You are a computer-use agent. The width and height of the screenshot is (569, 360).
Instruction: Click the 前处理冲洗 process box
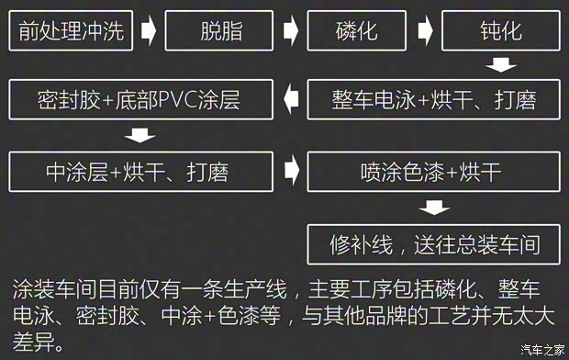coord(72,32)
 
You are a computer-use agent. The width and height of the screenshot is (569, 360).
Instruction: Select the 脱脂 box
coord(221,32)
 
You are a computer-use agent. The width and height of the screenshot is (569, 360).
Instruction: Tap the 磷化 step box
coord(356,32)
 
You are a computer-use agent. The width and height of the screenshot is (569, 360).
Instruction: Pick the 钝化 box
coord(500,32)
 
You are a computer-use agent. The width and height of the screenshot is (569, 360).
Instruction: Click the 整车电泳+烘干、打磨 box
coord(433,99)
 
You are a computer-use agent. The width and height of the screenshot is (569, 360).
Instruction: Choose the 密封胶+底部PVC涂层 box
coord(140,99)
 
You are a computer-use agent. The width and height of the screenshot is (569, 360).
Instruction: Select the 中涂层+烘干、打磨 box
coord(140,171)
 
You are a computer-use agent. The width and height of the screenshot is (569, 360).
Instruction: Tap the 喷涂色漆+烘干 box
coord(433,171)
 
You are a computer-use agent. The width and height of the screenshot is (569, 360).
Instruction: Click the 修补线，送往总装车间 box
coord(433,245)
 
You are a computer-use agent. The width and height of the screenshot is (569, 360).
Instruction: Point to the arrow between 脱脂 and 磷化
coord(291,32)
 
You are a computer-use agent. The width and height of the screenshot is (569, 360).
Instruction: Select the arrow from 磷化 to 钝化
coord(426,32)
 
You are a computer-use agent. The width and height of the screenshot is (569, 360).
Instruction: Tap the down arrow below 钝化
coord(500,65)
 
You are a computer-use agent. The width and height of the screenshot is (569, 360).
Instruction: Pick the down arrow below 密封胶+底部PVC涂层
coord(140,135)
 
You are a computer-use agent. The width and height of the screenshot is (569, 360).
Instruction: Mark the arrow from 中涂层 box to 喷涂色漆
coord(291,171)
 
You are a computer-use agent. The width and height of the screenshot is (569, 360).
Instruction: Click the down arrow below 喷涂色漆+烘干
coord(433,208)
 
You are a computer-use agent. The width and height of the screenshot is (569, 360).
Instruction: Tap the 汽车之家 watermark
coord(541,349)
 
